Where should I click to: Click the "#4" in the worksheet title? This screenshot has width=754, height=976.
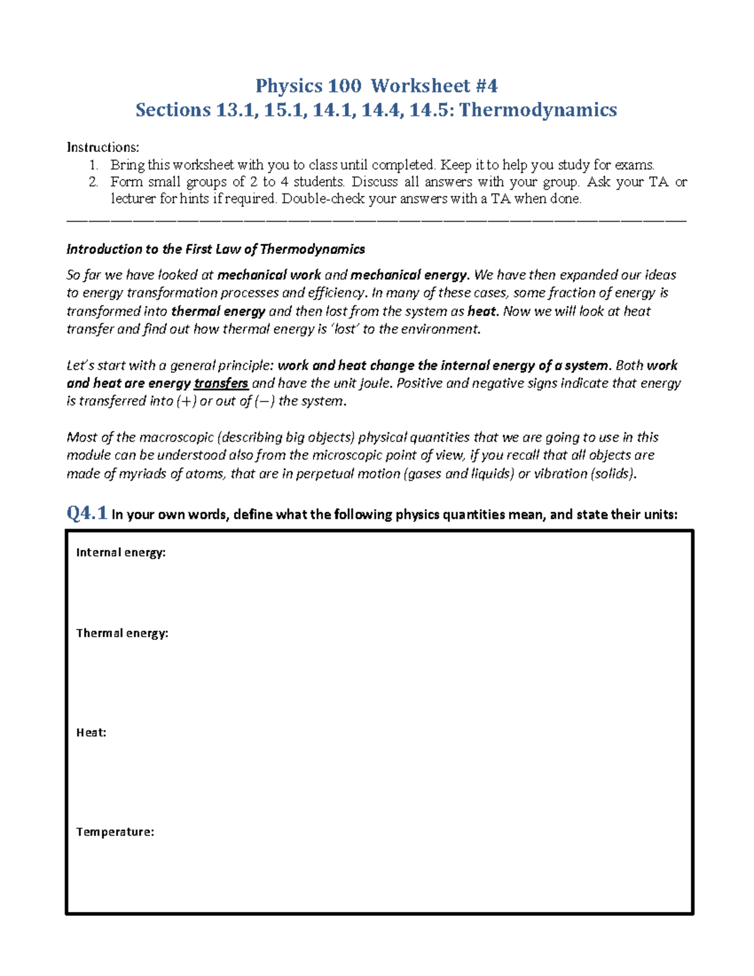coord(486,85)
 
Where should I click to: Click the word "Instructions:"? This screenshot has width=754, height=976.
coord(103,147)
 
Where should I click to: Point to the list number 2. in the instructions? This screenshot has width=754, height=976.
coord(94,182)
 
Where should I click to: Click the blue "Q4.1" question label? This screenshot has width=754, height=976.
coord(87,513)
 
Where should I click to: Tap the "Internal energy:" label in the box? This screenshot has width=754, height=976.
coord(121,552)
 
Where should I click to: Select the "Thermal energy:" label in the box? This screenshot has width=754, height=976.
coord(122,633)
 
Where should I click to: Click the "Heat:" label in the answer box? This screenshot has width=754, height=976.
coord(91,732)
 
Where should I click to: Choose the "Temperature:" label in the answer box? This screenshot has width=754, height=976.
coord(115,831)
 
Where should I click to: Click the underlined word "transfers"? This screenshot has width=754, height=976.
coord(221,383)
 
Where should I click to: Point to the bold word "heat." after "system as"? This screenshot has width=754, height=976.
coord(483,311)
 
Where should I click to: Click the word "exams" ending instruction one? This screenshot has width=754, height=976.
coord(634,165)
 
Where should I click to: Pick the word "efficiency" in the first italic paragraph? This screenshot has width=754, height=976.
coord(335,293)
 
